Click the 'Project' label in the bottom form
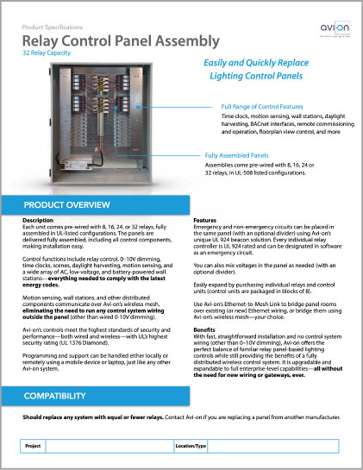tap(34, 448)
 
